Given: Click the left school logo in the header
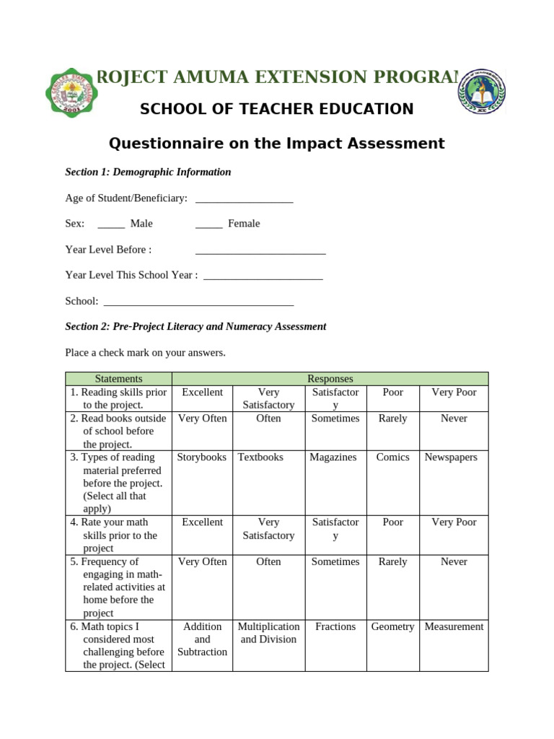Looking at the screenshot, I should coord(71,92).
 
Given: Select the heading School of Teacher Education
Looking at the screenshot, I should coord(276,109).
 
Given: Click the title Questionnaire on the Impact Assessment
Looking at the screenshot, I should coord(276,144).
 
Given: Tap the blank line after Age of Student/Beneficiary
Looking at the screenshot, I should coord(244,199).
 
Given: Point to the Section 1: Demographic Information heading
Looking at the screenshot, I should coord(148,172).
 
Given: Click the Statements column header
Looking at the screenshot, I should coord(118,379).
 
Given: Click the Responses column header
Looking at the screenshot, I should coord(330,379).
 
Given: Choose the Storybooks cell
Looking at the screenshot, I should coord(202,458).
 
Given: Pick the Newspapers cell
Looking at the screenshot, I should coord(451,458).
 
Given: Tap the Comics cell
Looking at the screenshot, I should coord(392,458).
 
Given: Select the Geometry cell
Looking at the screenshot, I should coord(392,627).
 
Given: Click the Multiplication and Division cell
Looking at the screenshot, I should coord(268,633).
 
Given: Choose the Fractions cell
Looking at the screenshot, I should coord(335,627).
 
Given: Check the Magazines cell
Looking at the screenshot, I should coord(333,458).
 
